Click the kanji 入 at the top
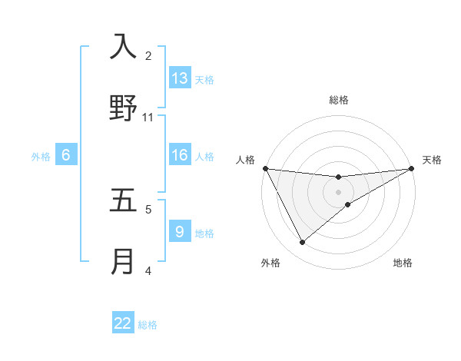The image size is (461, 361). [123, 47]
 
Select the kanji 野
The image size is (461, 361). [123, 108]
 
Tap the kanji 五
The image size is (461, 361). [123, 200]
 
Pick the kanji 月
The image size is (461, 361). [123, 262]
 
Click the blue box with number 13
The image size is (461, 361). [180, 78]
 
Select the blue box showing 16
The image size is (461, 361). [180, 155]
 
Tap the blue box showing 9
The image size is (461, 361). [180, 231]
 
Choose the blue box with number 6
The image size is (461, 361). [66, 155]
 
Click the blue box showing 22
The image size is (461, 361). [123, 323]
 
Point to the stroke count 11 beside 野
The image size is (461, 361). [148, 118]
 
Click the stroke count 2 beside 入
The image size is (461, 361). [148, 56]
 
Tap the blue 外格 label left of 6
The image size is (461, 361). [41, 157]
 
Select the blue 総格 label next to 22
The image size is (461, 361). [148, 325]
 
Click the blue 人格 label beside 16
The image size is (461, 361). [204, 157]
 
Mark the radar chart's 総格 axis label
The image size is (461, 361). [339, 100]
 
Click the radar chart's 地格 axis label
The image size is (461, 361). [403, 263]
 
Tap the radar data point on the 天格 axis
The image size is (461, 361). [412, 168]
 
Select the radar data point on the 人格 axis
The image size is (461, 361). [265, 168]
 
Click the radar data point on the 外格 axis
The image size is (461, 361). [302, 243]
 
